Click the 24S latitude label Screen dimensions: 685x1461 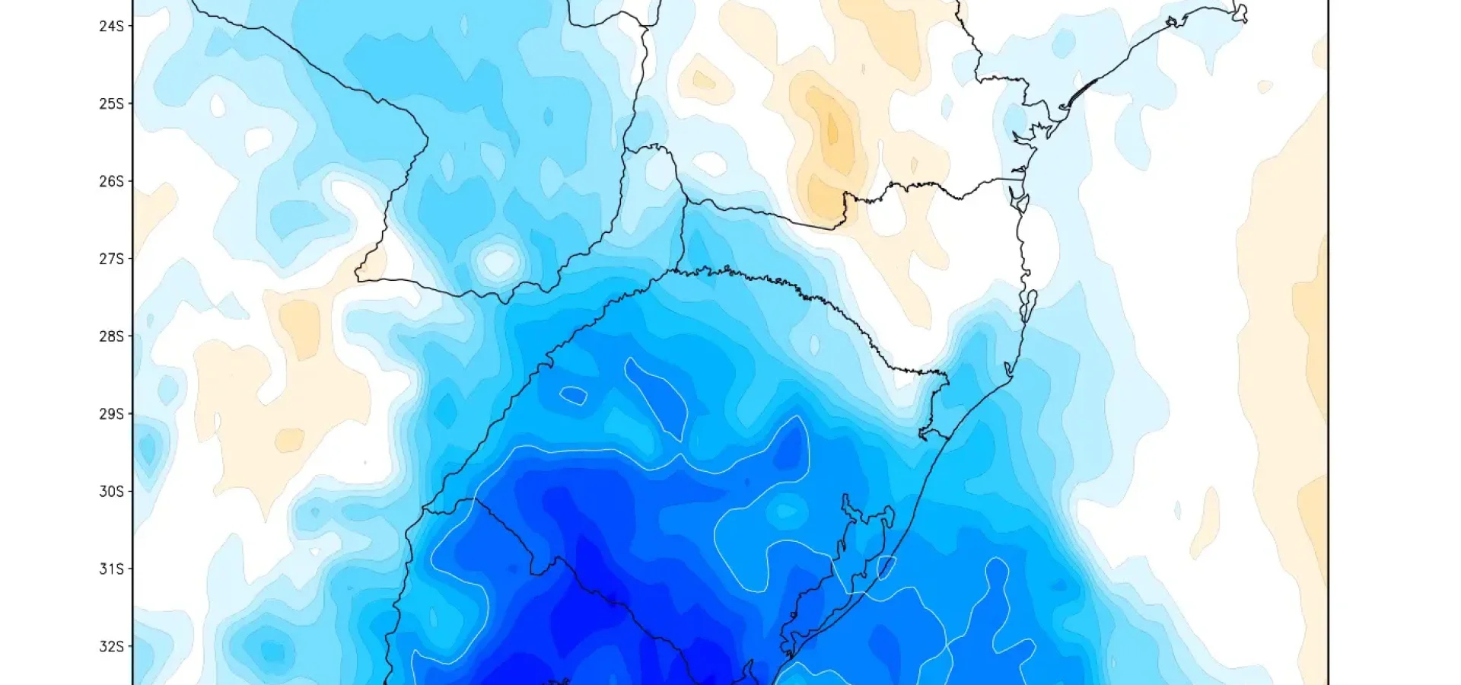[x=110, y=26]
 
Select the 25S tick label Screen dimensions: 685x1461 [x=110, y=104]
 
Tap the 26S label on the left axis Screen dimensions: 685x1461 [x=110, y=181]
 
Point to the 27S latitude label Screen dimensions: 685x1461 [x=110, y=259]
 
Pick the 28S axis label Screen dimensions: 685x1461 [x=110, y=336]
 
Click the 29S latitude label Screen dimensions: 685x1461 [x=110, y=414]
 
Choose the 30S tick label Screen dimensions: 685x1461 [x=110, y=492]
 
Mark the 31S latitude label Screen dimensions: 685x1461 [x=110, y=569]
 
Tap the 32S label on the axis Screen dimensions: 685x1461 [x=110, y=647]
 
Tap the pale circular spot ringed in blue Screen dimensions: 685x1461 [x=498, y=262]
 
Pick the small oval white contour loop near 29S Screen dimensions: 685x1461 [x=573, y=395]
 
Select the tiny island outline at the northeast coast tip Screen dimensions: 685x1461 [x=1240, y=13]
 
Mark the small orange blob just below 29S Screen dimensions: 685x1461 [x=289, y=439]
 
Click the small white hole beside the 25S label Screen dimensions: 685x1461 [x=218, y=105]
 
